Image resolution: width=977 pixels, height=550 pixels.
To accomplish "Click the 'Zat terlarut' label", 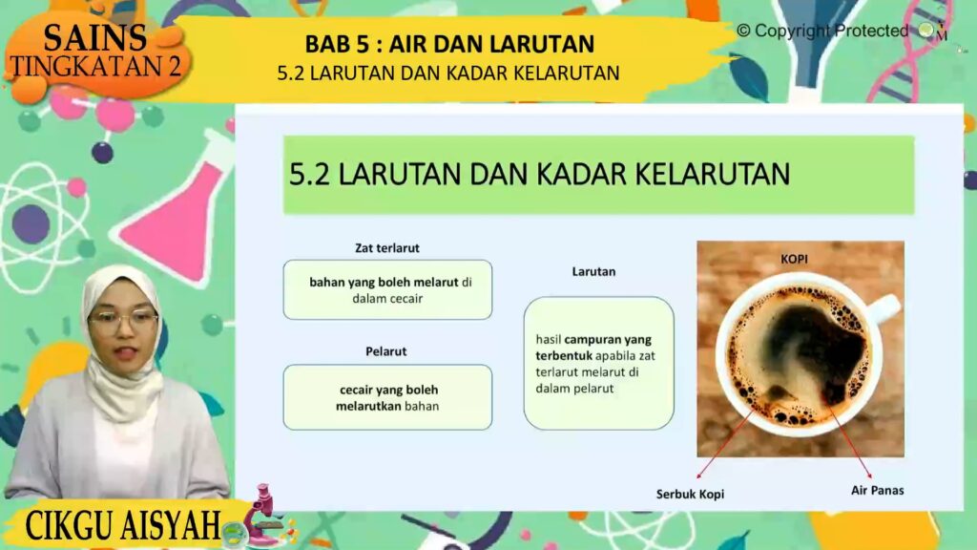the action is pyautogui.click(x=387, y=247).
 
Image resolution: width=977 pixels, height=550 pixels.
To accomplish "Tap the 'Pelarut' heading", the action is pyautogui.click(x=385, y=351).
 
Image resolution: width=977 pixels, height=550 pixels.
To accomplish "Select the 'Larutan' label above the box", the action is pyautogui.click(x=593, y=271).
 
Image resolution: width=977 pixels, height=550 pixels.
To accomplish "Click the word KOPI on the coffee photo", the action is pyautogui.click(x=794, y=259).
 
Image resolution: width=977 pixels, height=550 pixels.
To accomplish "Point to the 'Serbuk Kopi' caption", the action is pyautogui.click(x=690, y=494).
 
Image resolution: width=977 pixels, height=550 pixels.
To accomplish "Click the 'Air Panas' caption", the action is pyautogui.click(x=878, y=490).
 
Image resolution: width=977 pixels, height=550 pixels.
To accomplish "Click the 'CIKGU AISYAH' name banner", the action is pyautogui.click(x=123, y=525).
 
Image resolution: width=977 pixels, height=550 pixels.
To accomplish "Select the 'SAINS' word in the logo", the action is pyautogui.click(x=95, y=37).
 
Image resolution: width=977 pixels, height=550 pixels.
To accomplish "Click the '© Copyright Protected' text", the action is pyautogui.click(x=822, y=31).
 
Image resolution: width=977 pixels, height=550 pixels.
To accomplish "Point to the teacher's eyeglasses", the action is pyautogui.click(x=123, y=321).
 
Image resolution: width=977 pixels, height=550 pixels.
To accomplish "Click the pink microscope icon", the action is pyautogui.click(x=262, y=515).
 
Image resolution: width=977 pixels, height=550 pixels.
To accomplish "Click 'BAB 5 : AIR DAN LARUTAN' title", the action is pyautogui.click(x=449, y=44).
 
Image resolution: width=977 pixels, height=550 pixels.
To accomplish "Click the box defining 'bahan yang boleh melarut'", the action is pyautogui.click(x=387, y=290).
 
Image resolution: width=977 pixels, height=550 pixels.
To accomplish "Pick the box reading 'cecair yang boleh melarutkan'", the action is pyautogui.click(x=387, y=397).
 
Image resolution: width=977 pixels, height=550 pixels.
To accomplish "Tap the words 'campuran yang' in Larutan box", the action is pyautogui.click(x=608, y=340).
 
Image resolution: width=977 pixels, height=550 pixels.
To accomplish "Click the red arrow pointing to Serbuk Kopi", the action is pyautogui.click(x=725, y=444).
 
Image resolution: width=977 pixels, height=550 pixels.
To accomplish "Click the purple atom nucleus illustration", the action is pyautogui.click(x=31, y=223).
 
